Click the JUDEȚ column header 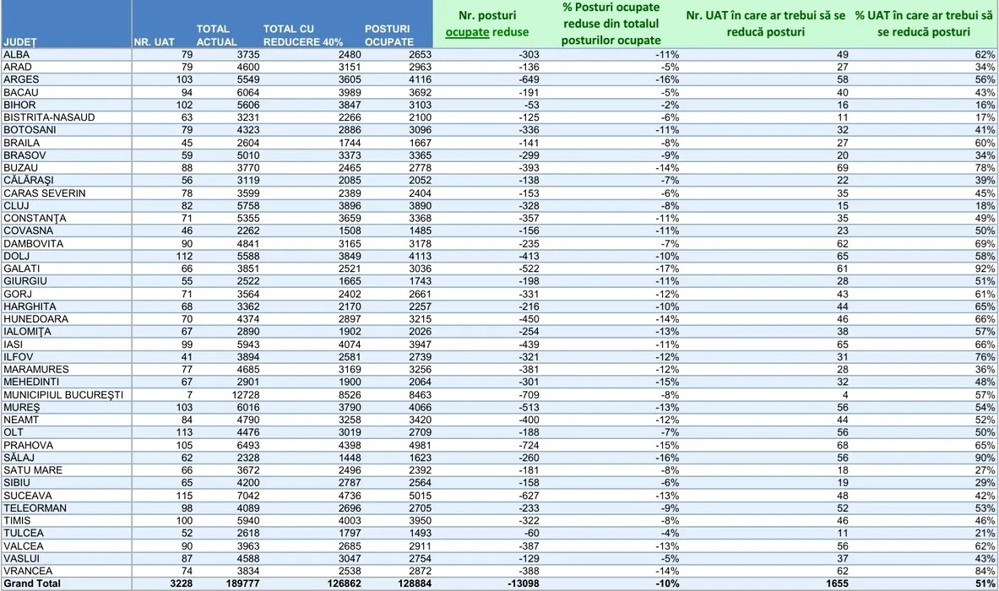[x=20, y=41]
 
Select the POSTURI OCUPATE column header [x=388, y=35]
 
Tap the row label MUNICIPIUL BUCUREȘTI [x=63, y=394]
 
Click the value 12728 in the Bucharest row [x=223, y=394]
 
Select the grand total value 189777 [x=219, y=583]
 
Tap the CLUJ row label [x=17, y=205]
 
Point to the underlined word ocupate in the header [x=465, y=32]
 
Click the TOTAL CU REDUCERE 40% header [x=295, y=35]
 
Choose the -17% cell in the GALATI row [x=668, y=268]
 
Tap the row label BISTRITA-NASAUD [x=49, y=117]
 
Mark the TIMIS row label [x=17, y=520]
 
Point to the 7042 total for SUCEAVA [x=223, y=496]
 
